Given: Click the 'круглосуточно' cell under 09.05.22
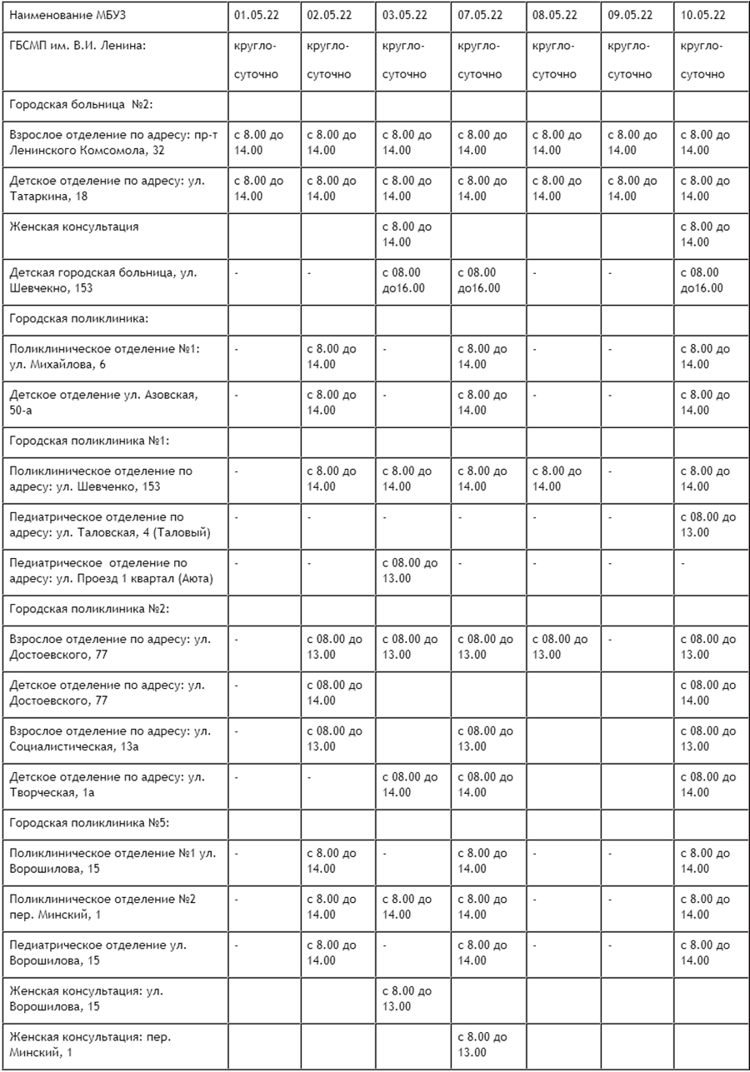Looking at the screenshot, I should pyautogui.click(x=629, y=60).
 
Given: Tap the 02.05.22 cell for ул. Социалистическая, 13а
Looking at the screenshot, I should pyautogui.click(x=334, y=739).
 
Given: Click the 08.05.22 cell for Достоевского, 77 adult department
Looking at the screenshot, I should pyautogui.click(x=559, y=647).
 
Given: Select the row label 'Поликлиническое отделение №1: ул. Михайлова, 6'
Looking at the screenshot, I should pyautogui.click(x=104, y=357).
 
